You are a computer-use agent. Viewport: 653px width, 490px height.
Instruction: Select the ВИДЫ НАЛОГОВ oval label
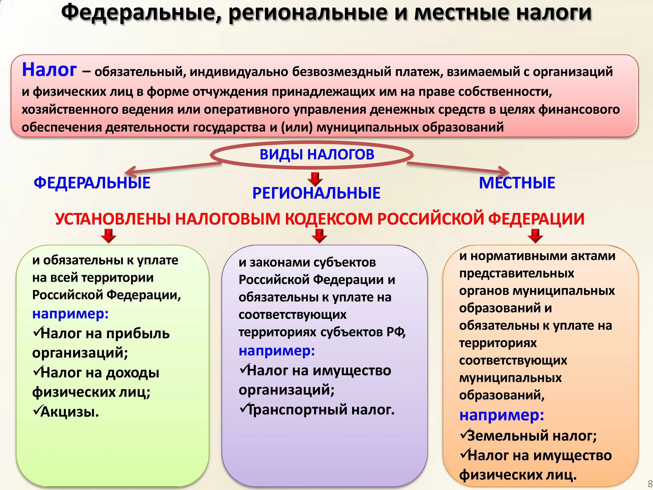(317, 154)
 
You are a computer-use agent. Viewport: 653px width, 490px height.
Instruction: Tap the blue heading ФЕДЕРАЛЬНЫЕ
(92, 182)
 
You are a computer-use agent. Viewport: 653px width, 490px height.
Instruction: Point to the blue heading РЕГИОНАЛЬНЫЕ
(316, 193)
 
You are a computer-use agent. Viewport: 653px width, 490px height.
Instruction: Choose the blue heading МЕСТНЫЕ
(517, 182)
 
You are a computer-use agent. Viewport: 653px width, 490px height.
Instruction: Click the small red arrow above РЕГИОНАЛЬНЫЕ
(315, 179)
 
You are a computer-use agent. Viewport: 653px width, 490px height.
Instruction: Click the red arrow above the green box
(109, 235)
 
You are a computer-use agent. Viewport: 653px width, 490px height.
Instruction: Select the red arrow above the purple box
(319, 235)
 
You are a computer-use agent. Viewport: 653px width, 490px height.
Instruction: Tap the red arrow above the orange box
(535, 235)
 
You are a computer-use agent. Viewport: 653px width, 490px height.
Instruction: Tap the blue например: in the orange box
(502, 415)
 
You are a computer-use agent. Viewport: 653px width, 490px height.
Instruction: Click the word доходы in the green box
(133, 373)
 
